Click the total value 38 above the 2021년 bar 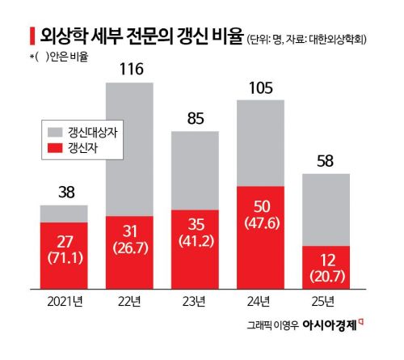[63, 193]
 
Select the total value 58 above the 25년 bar [325, 160]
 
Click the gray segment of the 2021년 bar [63, 213]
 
